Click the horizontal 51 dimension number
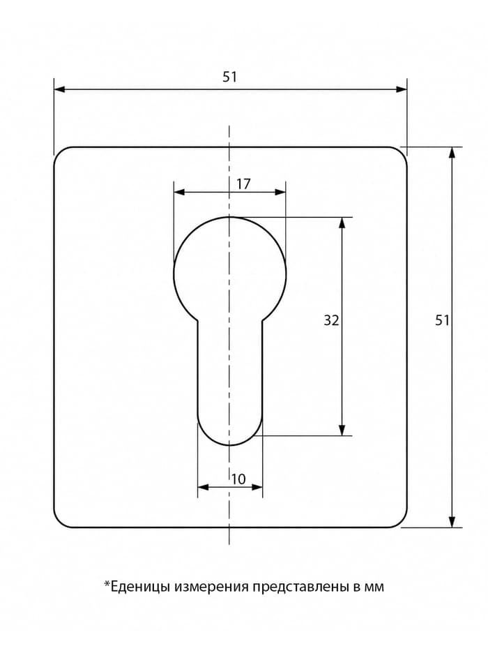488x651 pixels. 229,77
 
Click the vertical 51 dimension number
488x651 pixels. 442,320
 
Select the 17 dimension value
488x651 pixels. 243,184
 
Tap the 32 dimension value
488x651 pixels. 331,320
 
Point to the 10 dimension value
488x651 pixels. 238,479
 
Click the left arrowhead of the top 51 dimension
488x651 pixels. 59,89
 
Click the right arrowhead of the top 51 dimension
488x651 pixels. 402,89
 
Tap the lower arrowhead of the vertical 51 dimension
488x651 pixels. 452,522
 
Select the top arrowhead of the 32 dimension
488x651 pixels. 342,223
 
